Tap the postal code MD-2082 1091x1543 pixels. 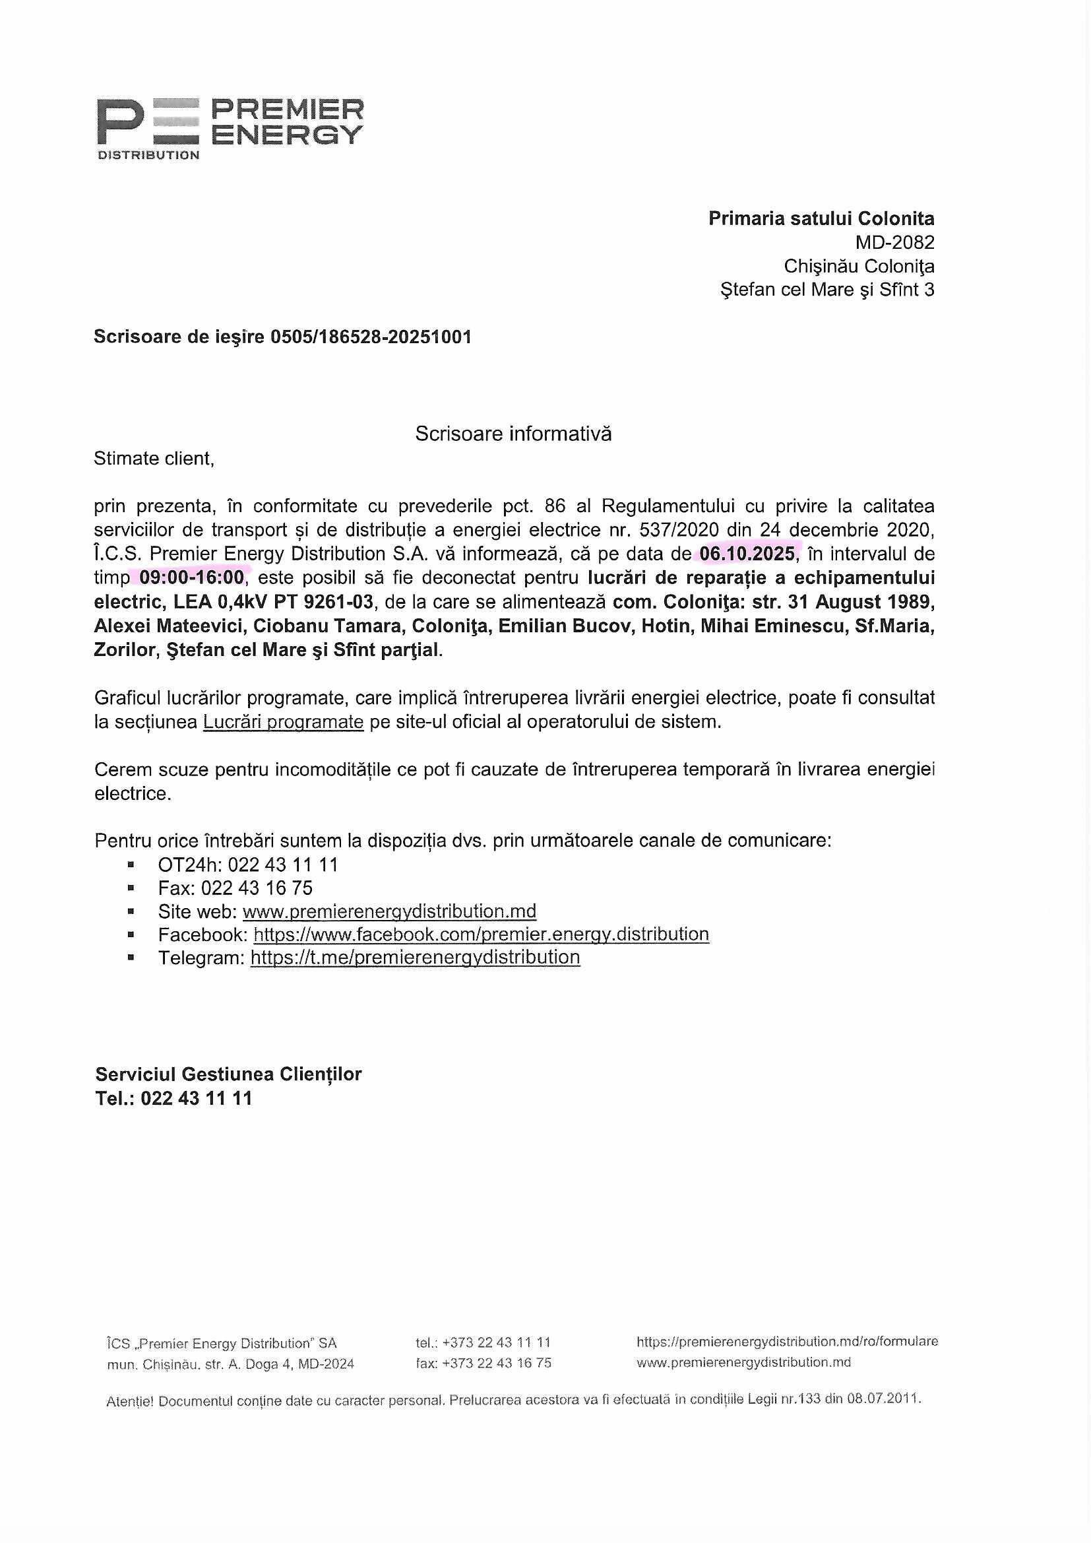894,242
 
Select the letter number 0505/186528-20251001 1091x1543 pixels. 371,337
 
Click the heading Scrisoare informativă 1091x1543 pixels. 513,434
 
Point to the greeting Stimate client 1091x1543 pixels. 154,458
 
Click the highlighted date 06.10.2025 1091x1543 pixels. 747,554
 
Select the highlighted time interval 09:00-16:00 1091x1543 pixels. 191,577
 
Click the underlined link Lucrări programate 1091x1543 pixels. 283,722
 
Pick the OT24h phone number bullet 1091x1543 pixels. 248,865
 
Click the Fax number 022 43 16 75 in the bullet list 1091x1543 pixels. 257,888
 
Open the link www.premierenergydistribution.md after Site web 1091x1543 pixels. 389,911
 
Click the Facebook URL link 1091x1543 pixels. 481,934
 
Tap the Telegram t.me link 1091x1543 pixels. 415,957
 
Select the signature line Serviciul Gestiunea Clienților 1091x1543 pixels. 228,1074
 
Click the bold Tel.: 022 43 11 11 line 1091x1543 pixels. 173,1098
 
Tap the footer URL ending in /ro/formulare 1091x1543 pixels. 787,1342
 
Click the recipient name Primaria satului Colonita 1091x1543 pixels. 821,218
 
